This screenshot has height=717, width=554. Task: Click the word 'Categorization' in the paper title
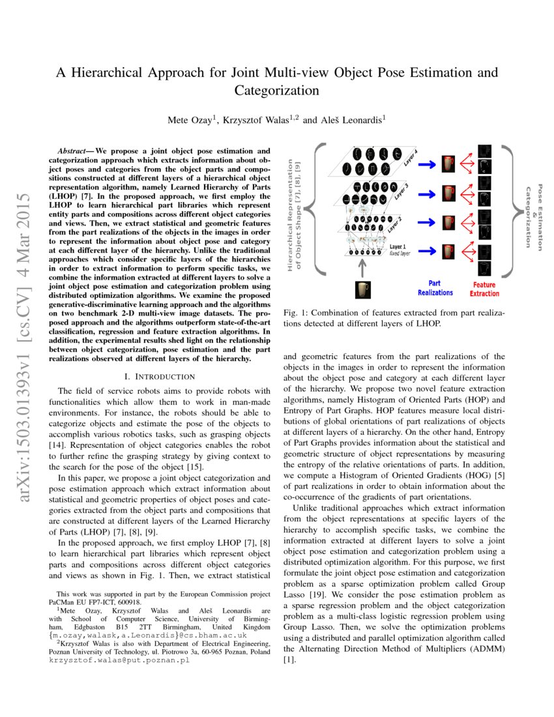click(x=276, y=90)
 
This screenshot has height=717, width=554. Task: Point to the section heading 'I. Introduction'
click(x=164, y=376)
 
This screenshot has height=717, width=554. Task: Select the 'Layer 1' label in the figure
click(x=398, y=247)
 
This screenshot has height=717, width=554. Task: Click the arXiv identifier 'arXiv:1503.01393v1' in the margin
click(x=27, y=349)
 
